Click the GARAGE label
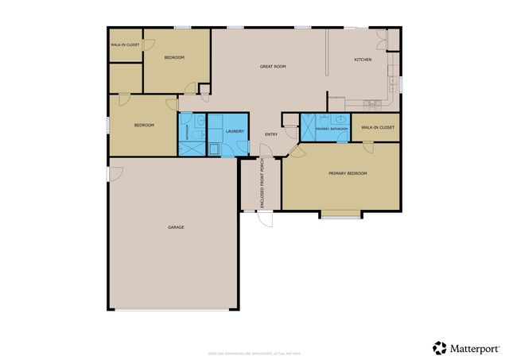point(176,227)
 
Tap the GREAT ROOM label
point(273,66)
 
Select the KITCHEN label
point(363,60)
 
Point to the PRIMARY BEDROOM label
point(348,173)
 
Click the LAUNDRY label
point(234,131)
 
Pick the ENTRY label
point(271,134)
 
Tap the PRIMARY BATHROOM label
point(332,128)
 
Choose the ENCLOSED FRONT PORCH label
point(263,184)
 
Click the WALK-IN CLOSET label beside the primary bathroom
point(378,127)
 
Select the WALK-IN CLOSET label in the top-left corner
point(125,45)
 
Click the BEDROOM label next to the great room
point(174,58)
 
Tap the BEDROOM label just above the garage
point(143,126)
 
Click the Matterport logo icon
point(440,347)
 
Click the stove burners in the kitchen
point(371,103)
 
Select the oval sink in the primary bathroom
point(342,119)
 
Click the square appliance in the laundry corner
point(214,148)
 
